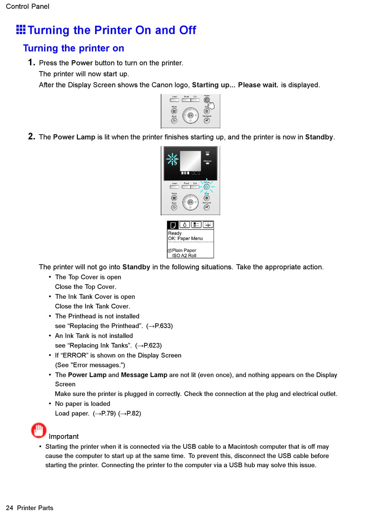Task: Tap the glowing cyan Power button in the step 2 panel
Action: tap(207, 187)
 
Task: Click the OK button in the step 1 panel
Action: tap(190, 116)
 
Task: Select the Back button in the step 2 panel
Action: tap(174, 207)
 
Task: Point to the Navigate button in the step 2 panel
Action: tap(207, 207)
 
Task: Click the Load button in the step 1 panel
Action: tap(175, 100)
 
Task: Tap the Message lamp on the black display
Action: tap(207, 163)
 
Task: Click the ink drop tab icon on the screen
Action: tap(184, 225)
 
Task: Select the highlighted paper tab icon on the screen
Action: tap(173, 225)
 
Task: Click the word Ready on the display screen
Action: tap(175, 233)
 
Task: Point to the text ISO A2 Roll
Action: tap(184, 256)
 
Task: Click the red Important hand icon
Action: tap(39, 431)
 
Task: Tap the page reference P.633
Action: tap(163, 326)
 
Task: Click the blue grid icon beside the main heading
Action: tap(21, 30)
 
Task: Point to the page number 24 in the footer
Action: tap(9, 508)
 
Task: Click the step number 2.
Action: tap(31, 137)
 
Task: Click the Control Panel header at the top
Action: tap(28, 7)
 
